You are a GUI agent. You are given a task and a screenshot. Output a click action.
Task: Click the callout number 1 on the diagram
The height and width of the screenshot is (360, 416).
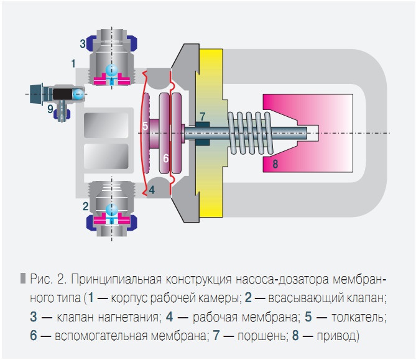(x=73, y=63)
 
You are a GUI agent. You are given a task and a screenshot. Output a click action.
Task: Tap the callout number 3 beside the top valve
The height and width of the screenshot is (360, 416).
(x=82, y=44)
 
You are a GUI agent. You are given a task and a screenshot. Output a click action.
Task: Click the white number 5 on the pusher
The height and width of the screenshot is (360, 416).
(x=145, y=126)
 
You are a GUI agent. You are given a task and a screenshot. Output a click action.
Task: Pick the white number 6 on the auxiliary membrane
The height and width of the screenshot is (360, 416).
(x=166, y=158)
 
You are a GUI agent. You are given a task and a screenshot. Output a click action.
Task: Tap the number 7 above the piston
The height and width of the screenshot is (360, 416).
(x=202, y=116)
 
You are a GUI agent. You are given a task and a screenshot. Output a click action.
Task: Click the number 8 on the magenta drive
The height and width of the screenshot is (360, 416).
(x=275, y=164)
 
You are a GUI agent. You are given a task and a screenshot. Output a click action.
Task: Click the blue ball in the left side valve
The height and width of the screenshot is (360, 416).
(x=78, y=94)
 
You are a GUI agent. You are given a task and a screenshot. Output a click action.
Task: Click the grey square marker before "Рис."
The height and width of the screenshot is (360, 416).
(x=24, y=277)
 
